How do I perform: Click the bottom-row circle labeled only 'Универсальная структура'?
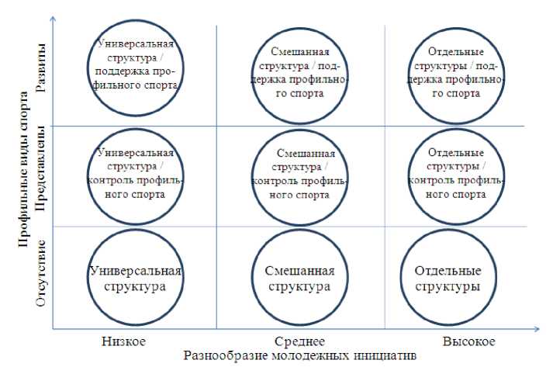tap(137, 279)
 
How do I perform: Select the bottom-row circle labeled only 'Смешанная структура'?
tap(299, 279)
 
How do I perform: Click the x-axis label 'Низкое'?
tap(123, 341)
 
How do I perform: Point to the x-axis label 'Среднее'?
tap(299, 341)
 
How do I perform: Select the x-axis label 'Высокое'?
tap(468, 341)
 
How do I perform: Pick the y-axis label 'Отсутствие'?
tap(40, 276)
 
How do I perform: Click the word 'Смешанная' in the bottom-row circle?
tap(299, 271)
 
